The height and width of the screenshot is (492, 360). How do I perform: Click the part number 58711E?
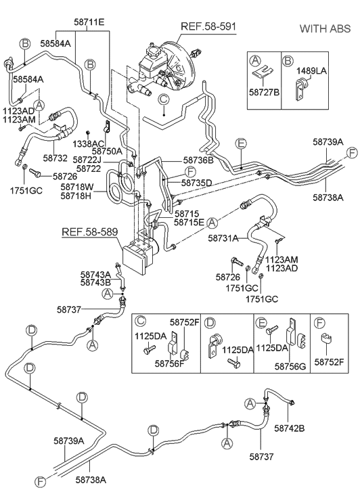coord(89,22)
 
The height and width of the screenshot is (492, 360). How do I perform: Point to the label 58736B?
coord(198,160)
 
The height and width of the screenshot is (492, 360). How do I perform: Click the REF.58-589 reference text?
coord(91,233)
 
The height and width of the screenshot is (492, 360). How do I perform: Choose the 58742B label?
coord(290,428)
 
